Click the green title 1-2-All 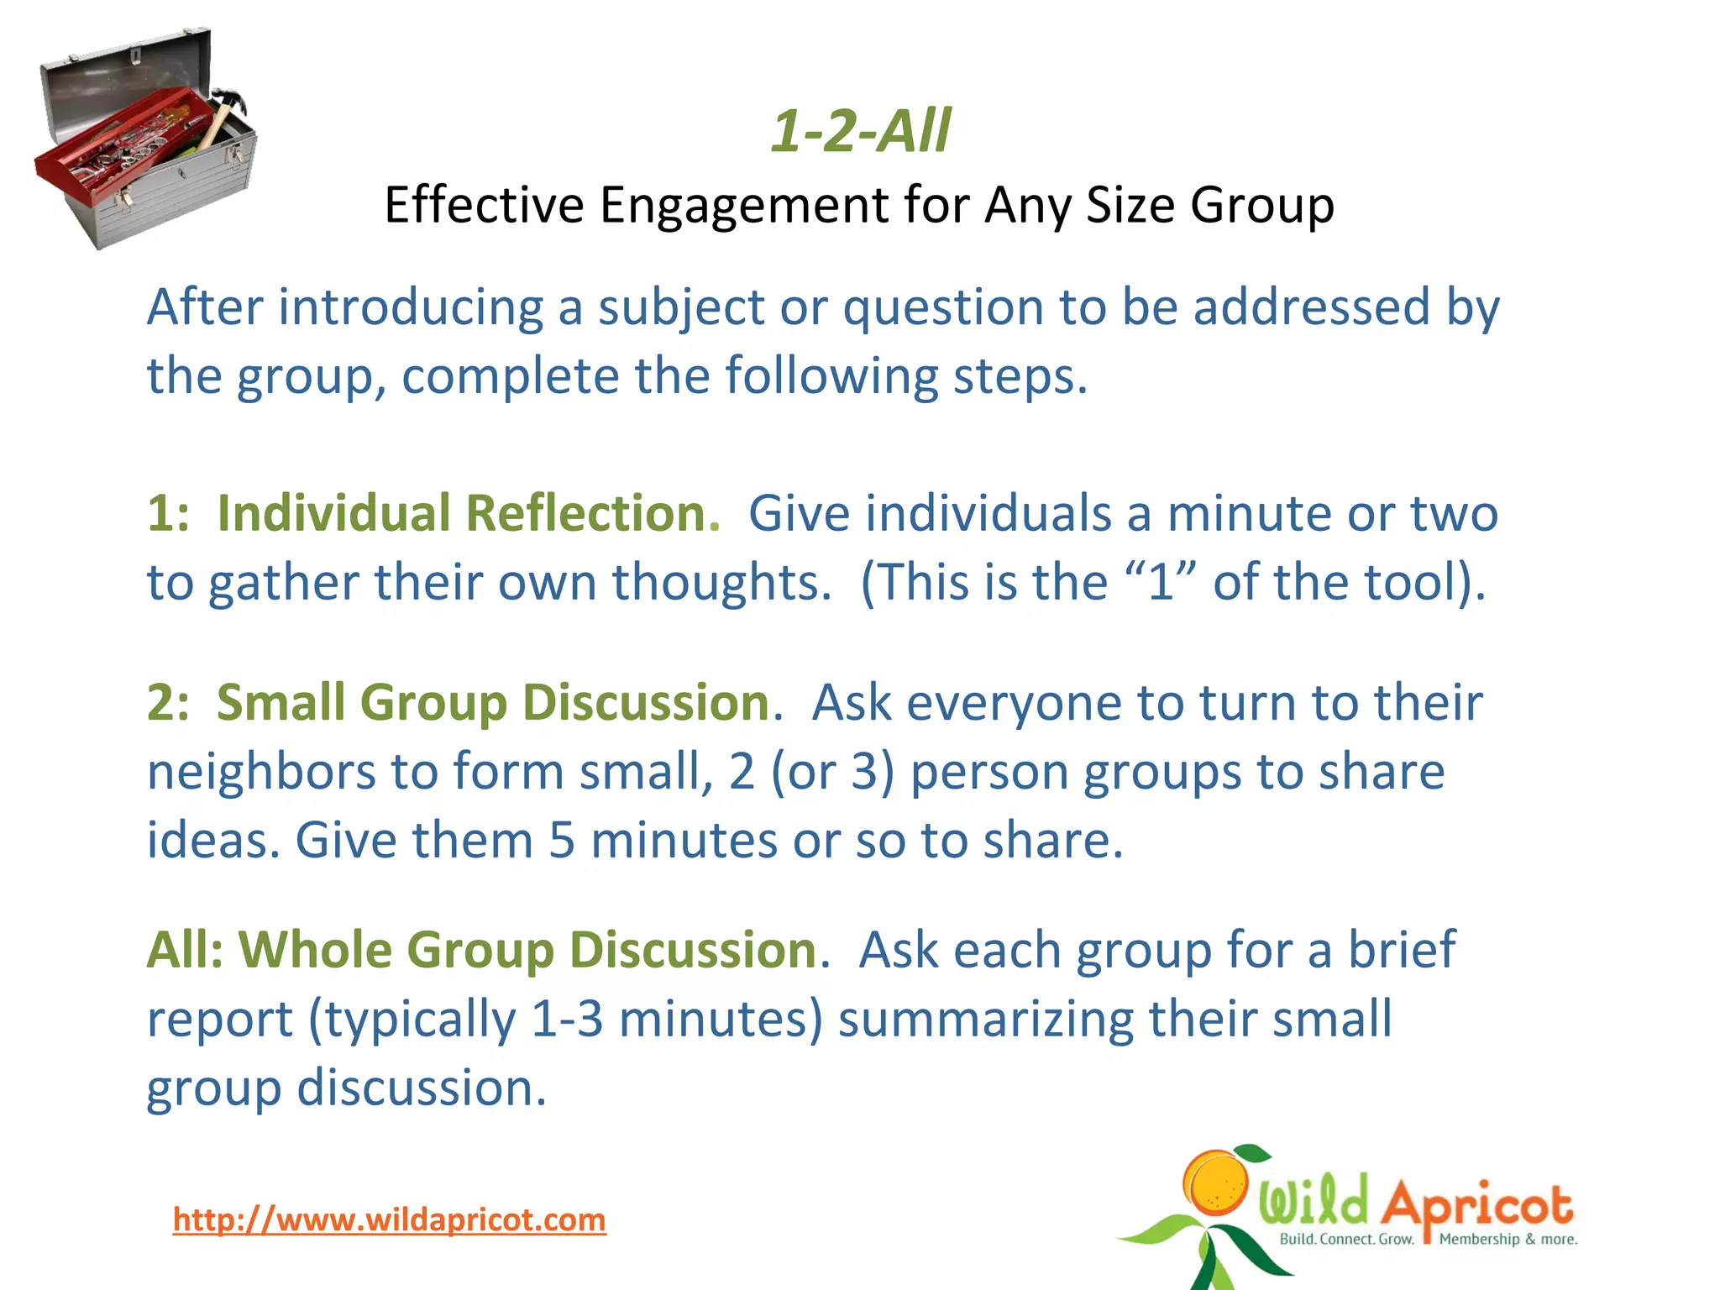861,132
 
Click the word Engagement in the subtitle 743,206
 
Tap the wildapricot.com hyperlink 389,1219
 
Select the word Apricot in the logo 1476,1206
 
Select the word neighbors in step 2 260,771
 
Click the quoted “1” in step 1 1162,582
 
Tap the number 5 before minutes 562,840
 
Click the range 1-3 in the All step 567,1019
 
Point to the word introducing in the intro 411,307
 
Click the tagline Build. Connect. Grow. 1346,1240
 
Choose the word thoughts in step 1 721,582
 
